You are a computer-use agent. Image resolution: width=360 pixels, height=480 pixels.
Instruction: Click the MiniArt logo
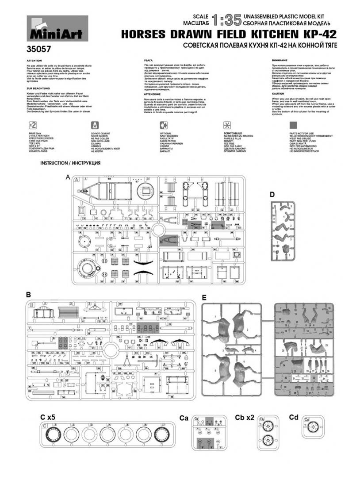(x=57, y=29)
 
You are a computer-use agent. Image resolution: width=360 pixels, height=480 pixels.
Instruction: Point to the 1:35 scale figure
(x=226, y=20)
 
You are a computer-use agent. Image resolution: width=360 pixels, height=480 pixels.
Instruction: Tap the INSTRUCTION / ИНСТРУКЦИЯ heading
(x=70, y=163)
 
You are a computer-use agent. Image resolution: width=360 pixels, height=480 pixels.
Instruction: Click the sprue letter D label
(x=272, y=195)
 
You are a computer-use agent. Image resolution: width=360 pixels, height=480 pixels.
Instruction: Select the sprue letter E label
(x=204, y=296)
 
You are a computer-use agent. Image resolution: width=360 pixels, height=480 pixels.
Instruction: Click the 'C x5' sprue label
(x=48, y=417)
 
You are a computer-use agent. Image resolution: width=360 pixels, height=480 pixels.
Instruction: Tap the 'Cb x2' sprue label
(x=244, y=417)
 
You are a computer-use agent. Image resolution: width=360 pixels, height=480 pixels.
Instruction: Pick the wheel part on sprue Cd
(x=313, y=428)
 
